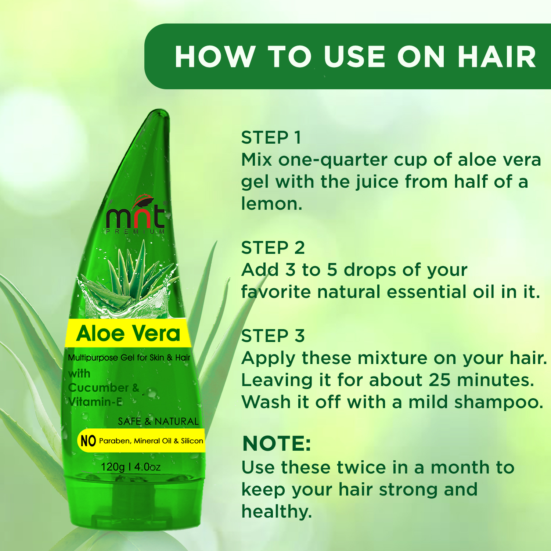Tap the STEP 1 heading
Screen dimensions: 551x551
click(271, 138)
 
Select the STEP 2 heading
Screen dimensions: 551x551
click(273, 248)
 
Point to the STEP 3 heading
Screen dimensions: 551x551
click(273, 336)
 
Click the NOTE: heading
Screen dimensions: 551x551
click(277, 443)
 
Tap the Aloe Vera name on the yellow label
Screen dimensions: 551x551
click(128, 334)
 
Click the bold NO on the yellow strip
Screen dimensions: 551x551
click(88, 441)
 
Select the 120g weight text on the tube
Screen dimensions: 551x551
click(113, 467)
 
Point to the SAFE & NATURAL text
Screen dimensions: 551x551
click(158, 421)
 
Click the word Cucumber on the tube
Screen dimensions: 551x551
click(98, 388)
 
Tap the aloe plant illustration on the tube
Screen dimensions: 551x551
click(129, 279)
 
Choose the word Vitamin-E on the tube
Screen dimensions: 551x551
click(95, 402)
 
